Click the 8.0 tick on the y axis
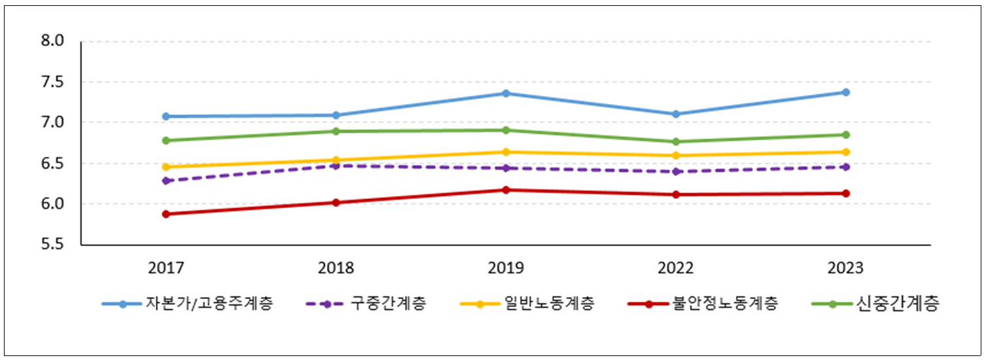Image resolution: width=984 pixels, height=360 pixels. [52, 41]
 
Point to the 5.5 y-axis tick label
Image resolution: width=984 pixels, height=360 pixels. [52, 245]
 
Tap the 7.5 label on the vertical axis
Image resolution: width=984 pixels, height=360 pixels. [52, 82]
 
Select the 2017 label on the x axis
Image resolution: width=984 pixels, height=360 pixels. [166, 268]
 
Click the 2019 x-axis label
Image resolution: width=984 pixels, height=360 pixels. [506, 268]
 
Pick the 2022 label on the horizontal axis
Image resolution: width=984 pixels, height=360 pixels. [676, 268]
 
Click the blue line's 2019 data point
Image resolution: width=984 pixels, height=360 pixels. [506, 93]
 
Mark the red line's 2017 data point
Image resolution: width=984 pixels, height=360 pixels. [166, 214]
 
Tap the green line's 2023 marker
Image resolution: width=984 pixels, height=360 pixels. [846, 135]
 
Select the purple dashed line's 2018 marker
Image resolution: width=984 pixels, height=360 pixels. [336, 166]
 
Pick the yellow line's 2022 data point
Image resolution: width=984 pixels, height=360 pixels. [676, 155]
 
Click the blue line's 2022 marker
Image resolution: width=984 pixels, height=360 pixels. [676, 114]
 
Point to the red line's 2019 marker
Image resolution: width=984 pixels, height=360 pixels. [506, 190]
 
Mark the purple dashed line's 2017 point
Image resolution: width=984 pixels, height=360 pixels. [166, 181]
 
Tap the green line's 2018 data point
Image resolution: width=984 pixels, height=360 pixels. [336, 131]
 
